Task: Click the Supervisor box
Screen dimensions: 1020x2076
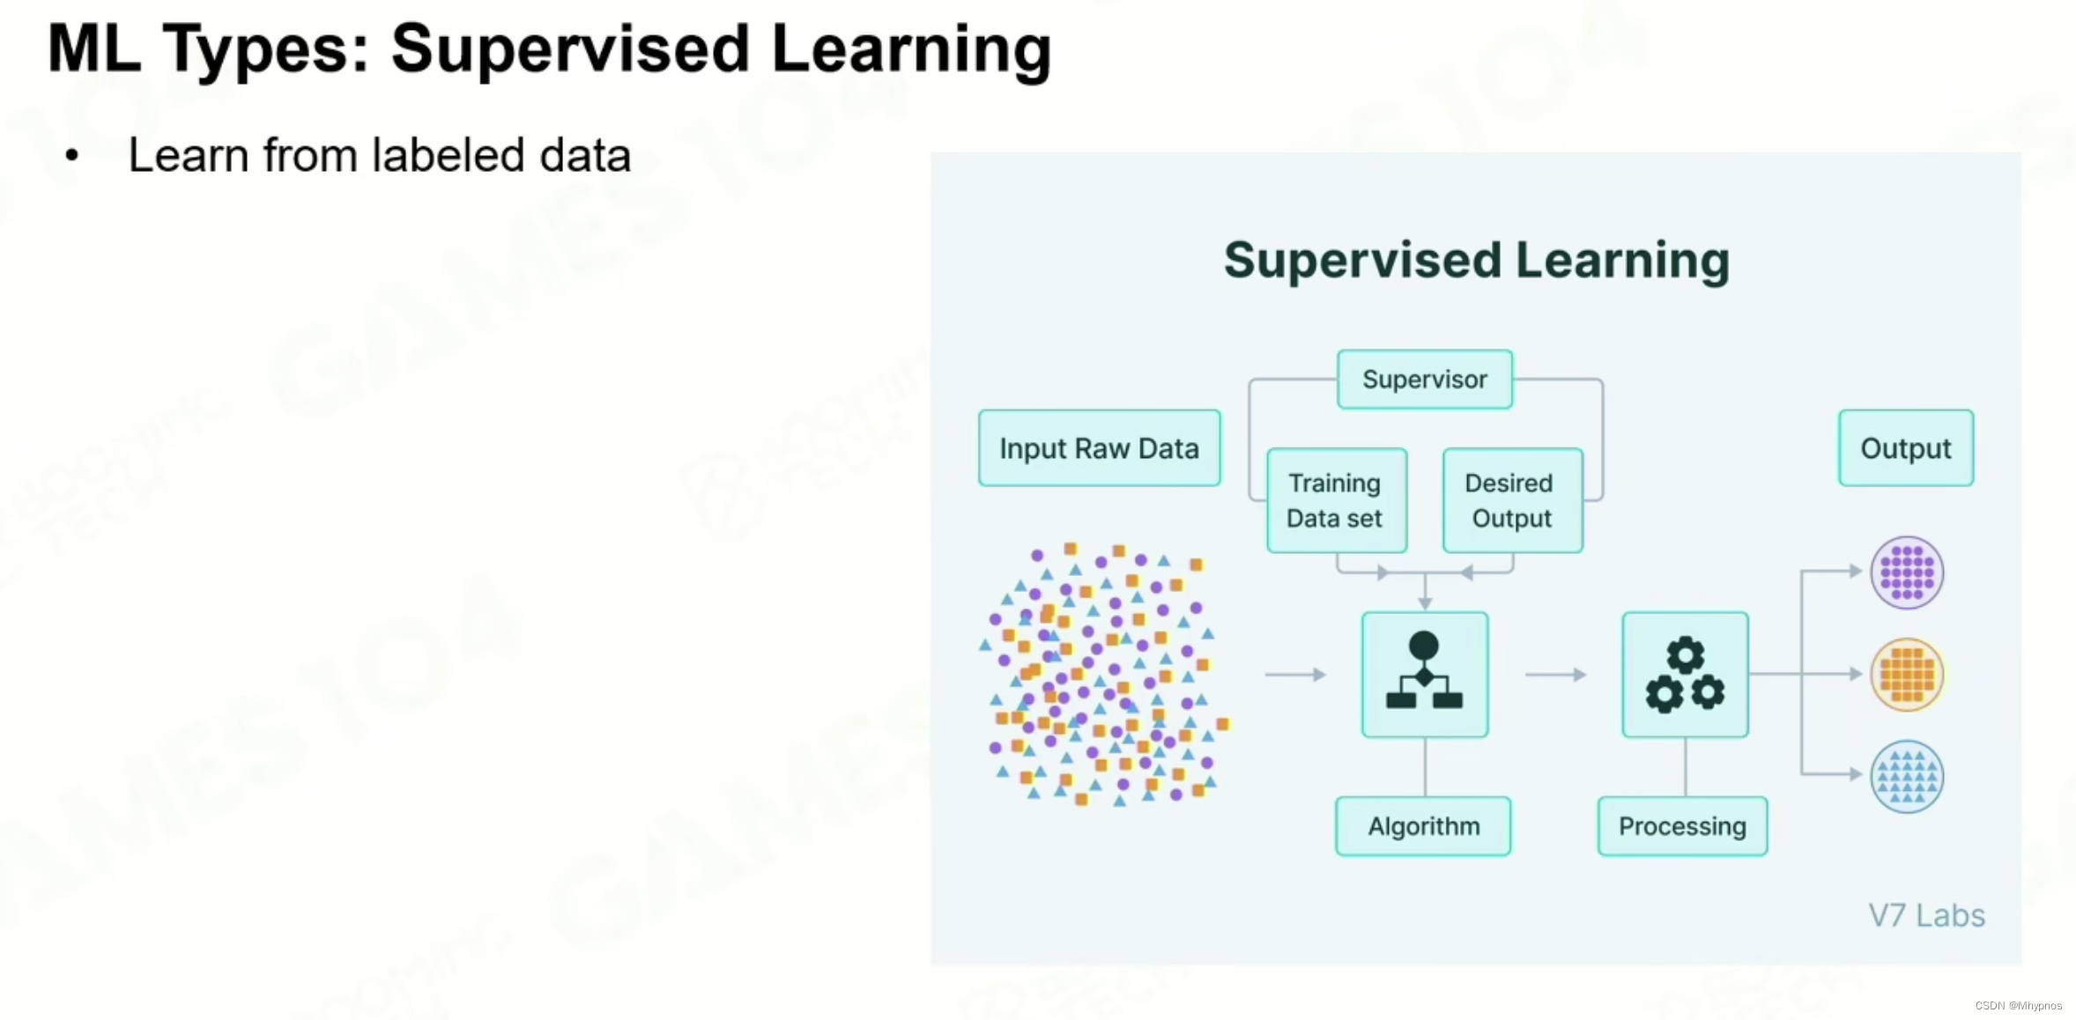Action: tap(1424, 380)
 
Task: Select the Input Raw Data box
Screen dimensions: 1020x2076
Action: tap(1099, 448)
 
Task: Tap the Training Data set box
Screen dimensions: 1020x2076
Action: tap(1336, 500)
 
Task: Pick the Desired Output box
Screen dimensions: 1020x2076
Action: tap(1511, 500)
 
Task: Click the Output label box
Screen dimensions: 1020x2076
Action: tap(1905, 448)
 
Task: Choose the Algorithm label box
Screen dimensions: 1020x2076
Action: tap(1423, 826)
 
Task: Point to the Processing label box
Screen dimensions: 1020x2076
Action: tap(1682, 826)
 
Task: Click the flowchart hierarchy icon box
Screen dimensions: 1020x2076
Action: tap(1424, 675)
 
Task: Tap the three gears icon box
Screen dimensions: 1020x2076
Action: tap(1685, 675)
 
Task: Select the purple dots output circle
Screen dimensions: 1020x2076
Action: tap(1907, 573)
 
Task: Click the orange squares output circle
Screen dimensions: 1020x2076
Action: tap(1907, 675)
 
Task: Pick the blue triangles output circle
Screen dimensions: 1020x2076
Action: tap(1907, 776)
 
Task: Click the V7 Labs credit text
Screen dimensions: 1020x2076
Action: tap(1926, 916)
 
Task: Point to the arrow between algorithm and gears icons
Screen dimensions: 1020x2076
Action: tap(1555, 675)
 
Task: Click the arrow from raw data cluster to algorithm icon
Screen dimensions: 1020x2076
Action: tap(1295, 675)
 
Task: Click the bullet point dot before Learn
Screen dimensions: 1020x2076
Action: tap(72, 157)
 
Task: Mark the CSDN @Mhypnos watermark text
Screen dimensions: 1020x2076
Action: tap(2018, 1006)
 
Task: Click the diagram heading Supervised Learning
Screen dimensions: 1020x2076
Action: tap(1476, 261)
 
